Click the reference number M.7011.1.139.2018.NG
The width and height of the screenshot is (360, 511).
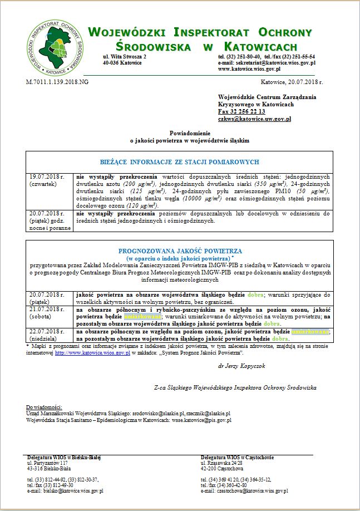point(57,82)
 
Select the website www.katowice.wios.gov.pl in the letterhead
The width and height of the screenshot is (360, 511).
point(249,69)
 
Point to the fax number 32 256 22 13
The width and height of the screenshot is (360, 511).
point(241,111)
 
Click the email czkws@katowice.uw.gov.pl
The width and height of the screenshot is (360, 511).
point(254,119)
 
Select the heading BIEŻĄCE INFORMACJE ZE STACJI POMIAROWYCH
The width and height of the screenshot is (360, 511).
point(179,162)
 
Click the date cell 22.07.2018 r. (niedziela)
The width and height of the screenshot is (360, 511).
point(48,335)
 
